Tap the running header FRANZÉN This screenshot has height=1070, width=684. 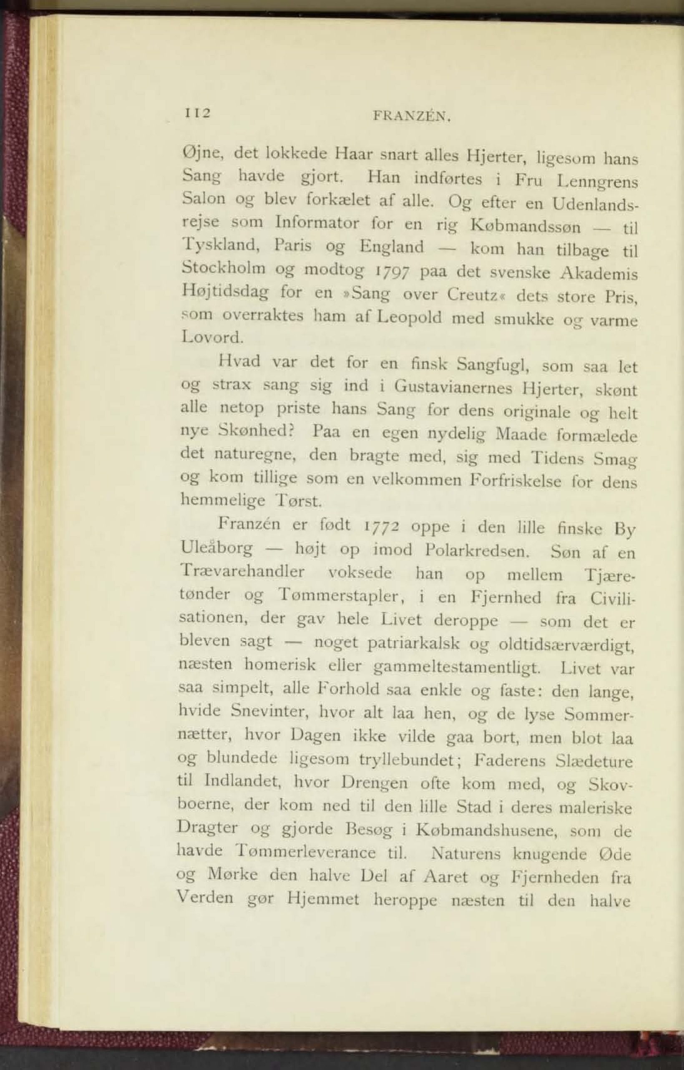pos(412,116)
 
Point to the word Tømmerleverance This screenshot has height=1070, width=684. pos(307,852)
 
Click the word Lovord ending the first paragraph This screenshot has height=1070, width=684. pos(212,337)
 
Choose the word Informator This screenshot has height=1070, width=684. pos(317,222)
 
